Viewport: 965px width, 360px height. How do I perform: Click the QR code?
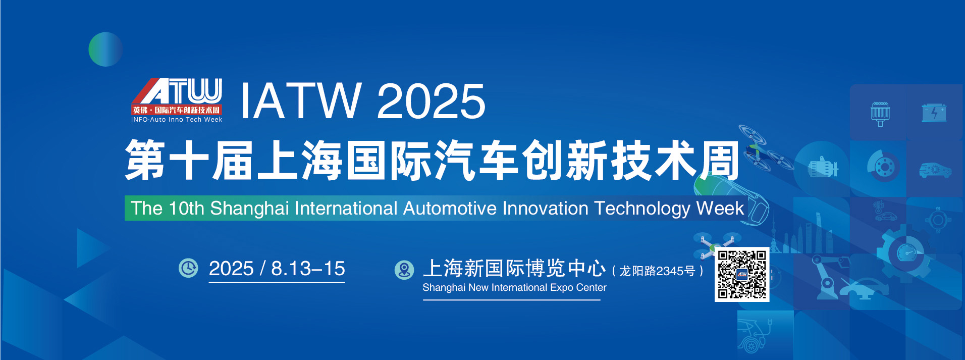[x=742, y=274]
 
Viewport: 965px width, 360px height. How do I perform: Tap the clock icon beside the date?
[x=189, y=268]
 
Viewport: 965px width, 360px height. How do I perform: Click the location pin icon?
[x=404, y=270]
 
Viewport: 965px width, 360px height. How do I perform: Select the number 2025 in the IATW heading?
[x=431, y=101]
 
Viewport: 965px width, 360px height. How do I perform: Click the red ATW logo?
[x=177, y=96]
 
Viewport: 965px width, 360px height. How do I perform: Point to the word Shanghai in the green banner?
[x=249, y=209]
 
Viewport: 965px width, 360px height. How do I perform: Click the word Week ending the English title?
[x=720, y=208]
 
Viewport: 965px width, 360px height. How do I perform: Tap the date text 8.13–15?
[x=308, y=269]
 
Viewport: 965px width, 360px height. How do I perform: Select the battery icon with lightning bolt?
[x=934, y=113]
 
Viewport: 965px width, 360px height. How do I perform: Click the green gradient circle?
[x=106, y=49]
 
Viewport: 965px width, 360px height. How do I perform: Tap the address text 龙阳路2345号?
[x=658, y=271]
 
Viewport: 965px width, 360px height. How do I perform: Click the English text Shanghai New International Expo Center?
[x=514, y=287]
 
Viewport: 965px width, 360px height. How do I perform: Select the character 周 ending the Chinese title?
[x=719, y=161]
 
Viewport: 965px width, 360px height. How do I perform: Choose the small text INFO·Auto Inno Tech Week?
[x=177, y=120]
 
